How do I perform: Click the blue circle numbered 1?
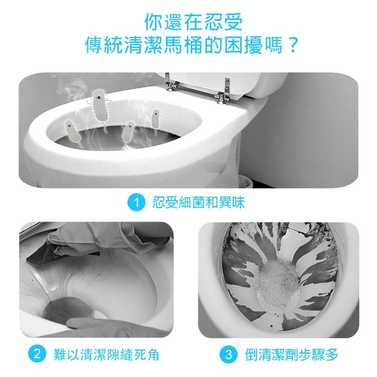(x=136, y=203)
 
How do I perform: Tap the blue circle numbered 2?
(x=37, y=354)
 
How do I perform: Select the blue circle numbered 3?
(x=229, y=354)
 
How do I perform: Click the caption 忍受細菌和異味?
(x=198, y=203)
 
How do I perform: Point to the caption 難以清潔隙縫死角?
(x=106, y=354)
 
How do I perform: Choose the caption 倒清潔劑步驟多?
(x=292, y=354)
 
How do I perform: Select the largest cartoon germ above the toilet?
(x=100, y=106)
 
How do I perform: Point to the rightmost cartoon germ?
(x=156, y=120)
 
